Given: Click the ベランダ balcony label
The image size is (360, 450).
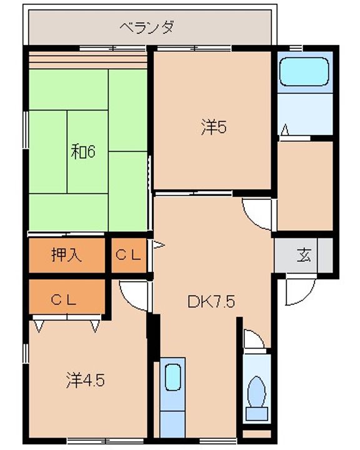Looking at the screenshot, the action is (x=147, y=27).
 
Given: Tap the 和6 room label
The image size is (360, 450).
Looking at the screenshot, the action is (x=83, y=151).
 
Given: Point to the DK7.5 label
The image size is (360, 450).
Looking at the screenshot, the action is (x=211, y=301).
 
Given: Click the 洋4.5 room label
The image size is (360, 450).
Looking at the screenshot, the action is (x=85, y=380).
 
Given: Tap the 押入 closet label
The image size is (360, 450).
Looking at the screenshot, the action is (x=67, y=254).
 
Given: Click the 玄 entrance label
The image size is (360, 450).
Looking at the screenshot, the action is (x=304, y=255).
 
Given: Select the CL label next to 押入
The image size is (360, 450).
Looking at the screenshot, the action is (x=128, y=255).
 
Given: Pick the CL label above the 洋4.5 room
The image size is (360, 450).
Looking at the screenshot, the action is (x=64, y=300).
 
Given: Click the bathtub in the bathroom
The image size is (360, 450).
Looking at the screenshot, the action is (x=304, y=71).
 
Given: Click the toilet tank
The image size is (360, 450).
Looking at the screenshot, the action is (x=257, y=414).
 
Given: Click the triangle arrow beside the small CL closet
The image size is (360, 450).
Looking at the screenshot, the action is (x=158, y=245).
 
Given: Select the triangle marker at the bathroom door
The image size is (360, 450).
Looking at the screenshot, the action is (x=285, y=130).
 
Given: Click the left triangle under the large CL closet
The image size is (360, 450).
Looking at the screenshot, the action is (x=39, y=326).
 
